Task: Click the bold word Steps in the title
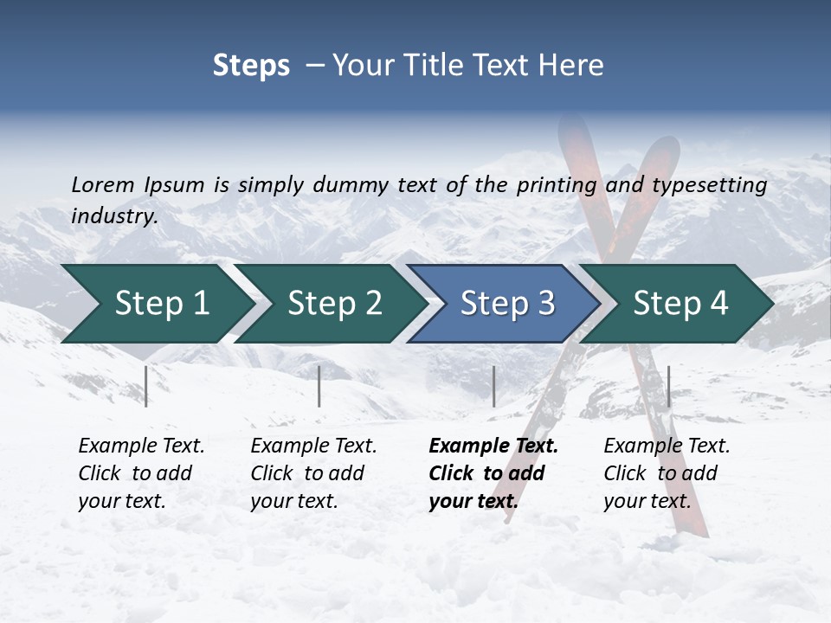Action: coord(251,66)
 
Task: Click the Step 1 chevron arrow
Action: coord(156,304)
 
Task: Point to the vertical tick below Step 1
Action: coord(146,386)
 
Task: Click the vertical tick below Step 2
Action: coord(319,386)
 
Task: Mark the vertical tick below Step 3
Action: coord(493,386)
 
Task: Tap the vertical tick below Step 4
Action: coord(668,386)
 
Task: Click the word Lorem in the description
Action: coord(103,184)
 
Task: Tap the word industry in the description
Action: coord(113,216)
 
